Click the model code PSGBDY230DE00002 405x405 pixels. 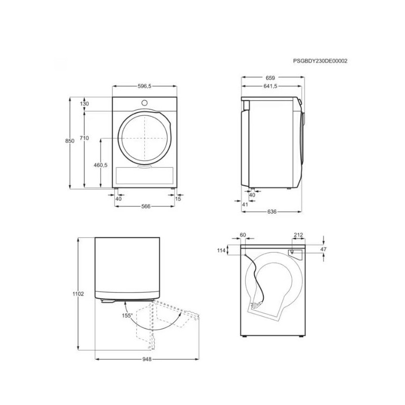click(320, 61)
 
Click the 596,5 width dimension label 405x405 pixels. click(144, 86)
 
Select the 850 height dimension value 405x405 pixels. click(70, 141)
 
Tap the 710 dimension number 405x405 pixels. click(84, 138)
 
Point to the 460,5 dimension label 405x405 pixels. click(100, 165)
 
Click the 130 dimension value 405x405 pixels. click(84, 104)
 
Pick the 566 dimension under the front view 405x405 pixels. click(146, 206)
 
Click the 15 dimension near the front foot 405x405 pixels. click(178, 198)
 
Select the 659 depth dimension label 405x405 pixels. click(270, 78)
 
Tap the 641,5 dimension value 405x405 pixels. click(270, 86)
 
